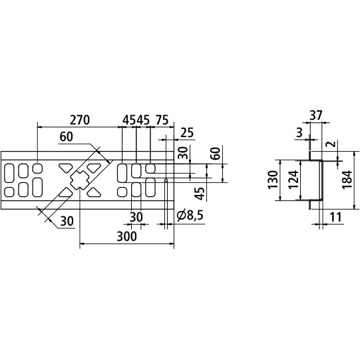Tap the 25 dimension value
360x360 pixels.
pyautogui.click(x=186, y=133)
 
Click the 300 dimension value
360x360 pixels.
pyautogui.click(x=126, y=236)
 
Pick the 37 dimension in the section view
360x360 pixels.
pyautogui.click(x=317, y=116)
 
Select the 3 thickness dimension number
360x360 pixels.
pyautogui.click(x=301, y=133)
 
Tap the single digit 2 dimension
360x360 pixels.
pyautogui.click(x=329, y=143)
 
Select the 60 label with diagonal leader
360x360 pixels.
pyautogui.click(x=67, y=138)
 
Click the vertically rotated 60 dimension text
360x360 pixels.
pyautogui.click(x=214, y=153)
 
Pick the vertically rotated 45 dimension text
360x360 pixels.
pyautogui.click(x=199, y=194)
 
